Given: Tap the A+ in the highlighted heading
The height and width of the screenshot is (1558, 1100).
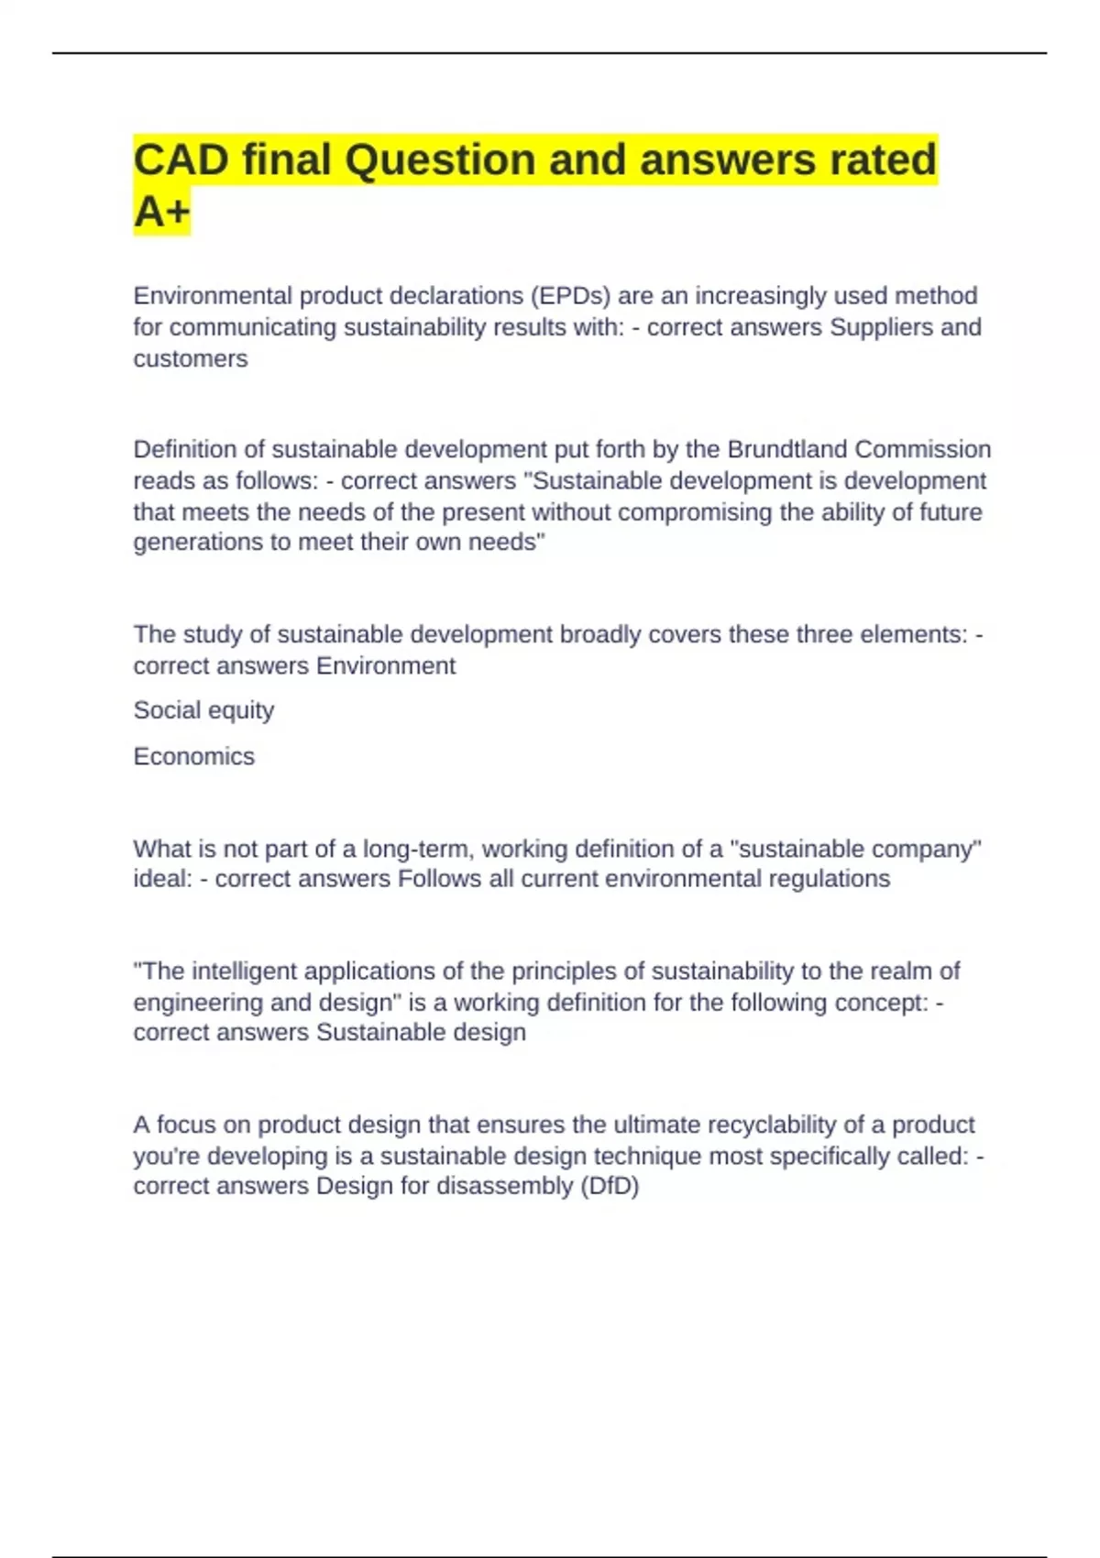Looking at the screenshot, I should (x=161, y=213).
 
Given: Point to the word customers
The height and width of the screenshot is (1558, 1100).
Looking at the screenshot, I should (x=191, y=358).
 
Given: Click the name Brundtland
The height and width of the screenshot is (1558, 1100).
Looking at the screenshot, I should (x=787, y=449).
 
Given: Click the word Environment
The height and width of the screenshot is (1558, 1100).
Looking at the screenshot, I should (x=386, y=665).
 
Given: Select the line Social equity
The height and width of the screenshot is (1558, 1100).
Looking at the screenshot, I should (x=203, y=710).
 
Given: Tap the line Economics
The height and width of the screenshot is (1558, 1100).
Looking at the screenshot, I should (x=194, y=756).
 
